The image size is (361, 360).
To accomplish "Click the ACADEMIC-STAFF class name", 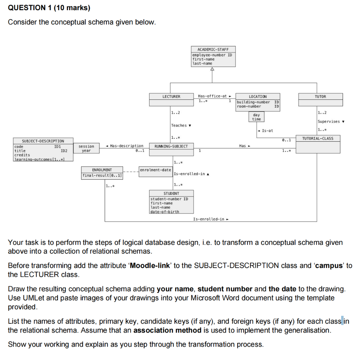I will coord(213,50).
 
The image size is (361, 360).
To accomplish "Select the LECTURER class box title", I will coord(171,97).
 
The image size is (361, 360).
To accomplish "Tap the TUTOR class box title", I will coord(320,97).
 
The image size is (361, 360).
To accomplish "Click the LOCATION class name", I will coord(258,97).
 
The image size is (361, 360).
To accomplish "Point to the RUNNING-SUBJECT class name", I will coord(171,146).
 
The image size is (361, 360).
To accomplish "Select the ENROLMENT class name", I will coord(102,170).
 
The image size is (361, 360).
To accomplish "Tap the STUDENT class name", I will coord(171,193).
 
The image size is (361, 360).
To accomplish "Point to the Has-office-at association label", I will coord(213,96).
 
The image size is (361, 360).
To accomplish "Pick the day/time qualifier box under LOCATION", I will coord(256,117).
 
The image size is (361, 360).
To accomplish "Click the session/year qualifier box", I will coord(86,148).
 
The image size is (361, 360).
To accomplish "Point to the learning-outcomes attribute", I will coord(38,159).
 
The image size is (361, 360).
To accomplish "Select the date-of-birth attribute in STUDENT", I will coord(165,212).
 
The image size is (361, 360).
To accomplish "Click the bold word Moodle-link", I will coord(150,266).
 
